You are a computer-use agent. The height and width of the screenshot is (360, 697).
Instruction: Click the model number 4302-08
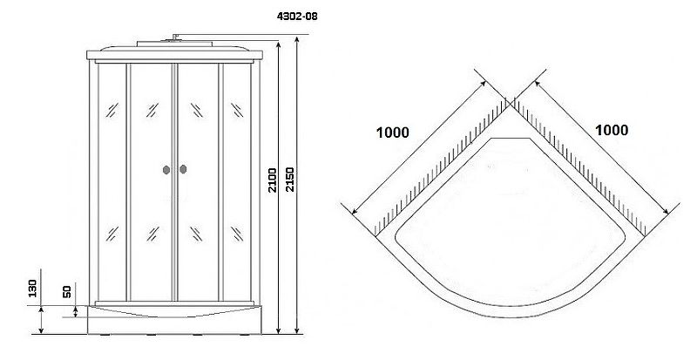point(297,17)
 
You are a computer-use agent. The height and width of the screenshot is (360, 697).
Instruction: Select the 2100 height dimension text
point(272,180)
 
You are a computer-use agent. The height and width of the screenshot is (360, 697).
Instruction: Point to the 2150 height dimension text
point(289,180)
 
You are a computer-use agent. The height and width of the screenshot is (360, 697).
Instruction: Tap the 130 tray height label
point(32,289)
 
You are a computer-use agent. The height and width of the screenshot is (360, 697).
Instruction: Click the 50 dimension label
point(67,292)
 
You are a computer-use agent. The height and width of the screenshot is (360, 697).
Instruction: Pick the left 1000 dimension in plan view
point(393,132)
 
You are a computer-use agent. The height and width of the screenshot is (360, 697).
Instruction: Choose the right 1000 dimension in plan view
point(612,130)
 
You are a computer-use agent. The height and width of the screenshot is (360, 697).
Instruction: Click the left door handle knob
point(166,170)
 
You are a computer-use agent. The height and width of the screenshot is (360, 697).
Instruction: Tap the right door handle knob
point(183,169)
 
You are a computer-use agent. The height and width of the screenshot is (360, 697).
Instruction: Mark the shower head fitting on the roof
point(175,38)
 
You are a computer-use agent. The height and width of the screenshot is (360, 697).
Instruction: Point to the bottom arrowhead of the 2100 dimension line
point(279,330)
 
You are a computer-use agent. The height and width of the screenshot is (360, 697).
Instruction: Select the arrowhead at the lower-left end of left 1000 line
point(355,211)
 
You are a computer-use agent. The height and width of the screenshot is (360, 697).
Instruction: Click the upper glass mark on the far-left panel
point(112,110)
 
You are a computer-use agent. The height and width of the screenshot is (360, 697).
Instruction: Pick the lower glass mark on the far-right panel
point(237,234)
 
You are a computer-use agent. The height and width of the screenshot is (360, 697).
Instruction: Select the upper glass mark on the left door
point(152,110)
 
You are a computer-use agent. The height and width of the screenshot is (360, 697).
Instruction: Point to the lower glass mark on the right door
point(197,234)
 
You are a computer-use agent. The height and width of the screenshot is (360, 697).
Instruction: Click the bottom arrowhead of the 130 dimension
point(41,330)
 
